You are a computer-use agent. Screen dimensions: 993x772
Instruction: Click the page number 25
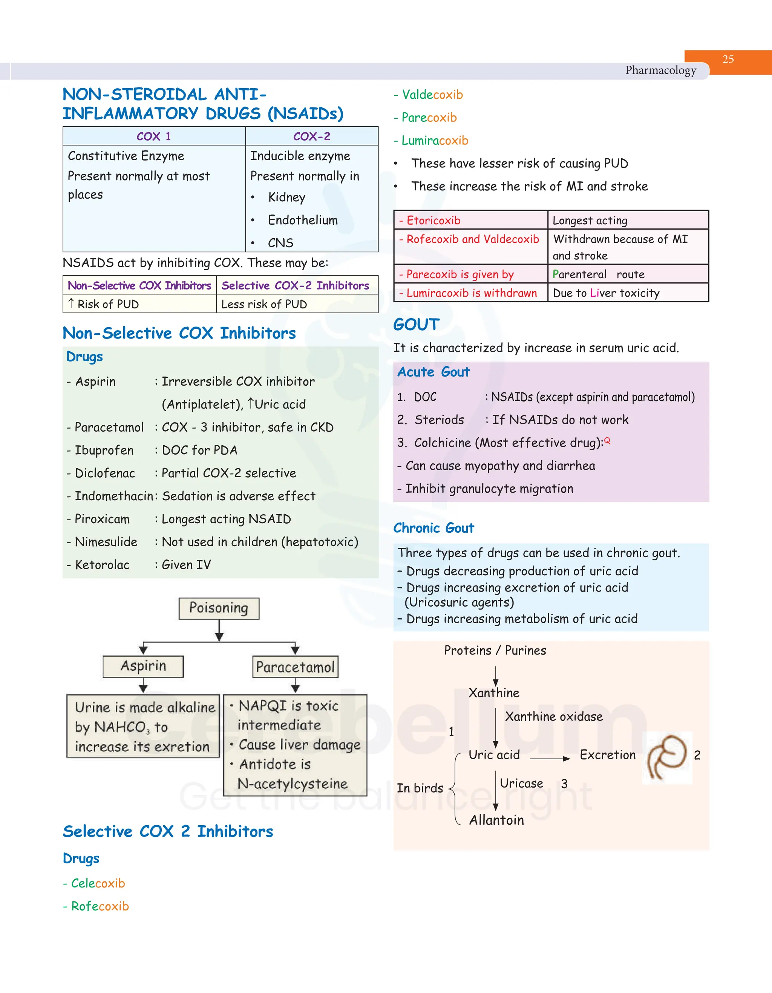pyautogui.click(x=728, y=59)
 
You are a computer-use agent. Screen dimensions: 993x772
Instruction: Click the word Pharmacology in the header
pyautogui.click(x=660, y=70)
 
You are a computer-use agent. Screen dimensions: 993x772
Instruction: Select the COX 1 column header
pyautogui.click(x=154, y=136)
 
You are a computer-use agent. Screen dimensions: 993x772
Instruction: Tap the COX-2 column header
pyautogui.click(x=311, y=136)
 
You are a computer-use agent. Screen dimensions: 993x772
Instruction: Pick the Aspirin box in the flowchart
pyautogui.click(x=143, y=666)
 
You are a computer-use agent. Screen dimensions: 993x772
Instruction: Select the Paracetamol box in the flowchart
pyautogui.click(x=295, y=667)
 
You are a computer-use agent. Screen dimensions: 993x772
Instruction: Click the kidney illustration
pyautogui.click(x=667, y=757)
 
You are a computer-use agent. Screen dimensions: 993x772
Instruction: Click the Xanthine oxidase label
pyautogui.click(x=554, y=717)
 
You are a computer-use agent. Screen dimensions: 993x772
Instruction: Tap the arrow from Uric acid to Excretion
pyautogui.click(x=550, y=759)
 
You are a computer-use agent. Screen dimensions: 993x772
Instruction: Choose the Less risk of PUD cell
pyautogui.click(x=264, y=304)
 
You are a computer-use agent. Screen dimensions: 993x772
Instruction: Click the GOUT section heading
pyautogui.click(x=417, y=325)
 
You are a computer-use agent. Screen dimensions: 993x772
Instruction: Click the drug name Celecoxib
pyautogui.click(x=98, y=883)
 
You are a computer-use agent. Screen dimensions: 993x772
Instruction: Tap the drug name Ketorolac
pyautogui.click(x=102, y=565)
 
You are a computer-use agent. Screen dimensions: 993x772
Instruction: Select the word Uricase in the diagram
pyautogui.click(x=521, y=783)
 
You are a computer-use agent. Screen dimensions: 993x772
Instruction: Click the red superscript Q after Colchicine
pyautogui.click(x=607, y=440)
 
